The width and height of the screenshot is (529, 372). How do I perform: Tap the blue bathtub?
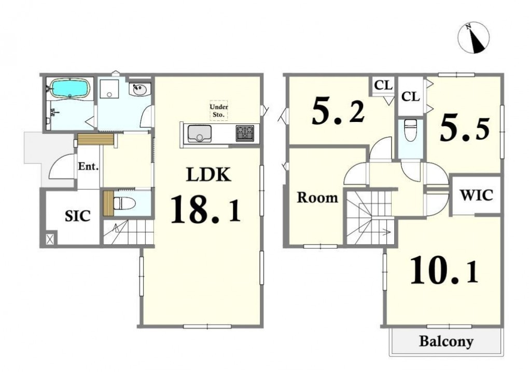click(x=69, y=88)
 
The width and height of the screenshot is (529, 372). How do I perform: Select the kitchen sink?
click(x=199, y=133)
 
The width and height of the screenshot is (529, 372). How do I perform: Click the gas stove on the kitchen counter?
click(x=245, y=133)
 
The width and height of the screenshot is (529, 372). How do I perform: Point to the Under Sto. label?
click(x=219, y=111)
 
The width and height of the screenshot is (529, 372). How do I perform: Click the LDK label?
click(x=209, y=175)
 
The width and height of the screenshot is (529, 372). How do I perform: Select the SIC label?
click(x=78, y=216)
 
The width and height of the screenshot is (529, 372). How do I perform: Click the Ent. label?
click(x=88, y=167)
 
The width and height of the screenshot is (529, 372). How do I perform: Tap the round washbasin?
click(x=140, y=90)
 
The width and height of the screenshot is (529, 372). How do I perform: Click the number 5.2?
click(x=338, y=111)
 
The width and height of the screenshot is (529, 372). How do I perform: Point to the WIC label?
click(x=477, y=195)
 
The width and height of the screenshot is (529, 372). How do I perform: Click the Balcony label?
click(x=446, y=341)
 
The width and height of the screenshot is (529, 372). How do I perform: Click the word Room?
click(x=317, y=198)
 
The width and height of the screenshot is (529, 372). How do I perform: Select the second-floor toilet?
click(x=410, y=130)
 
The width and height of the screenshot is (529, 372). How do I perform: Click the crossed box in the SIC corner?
click(x=50, y=239)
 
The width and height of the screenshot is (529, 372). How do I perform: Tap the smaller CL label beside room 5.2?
click(x=383, y=85)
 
